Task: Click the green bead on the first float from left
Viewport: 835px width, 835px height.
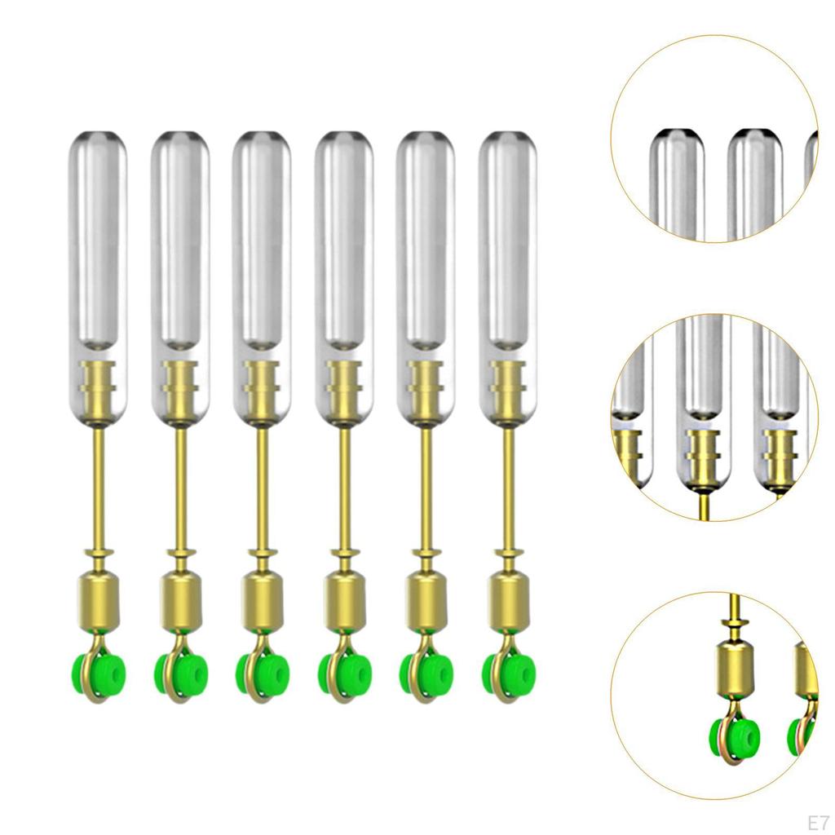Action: (x=99, y=674)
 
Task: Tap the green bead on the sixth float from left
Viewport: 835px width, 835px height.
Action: (x=509, y=674)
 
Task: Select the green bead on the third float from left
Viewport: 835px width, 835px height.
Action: (x=263, y=674)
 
